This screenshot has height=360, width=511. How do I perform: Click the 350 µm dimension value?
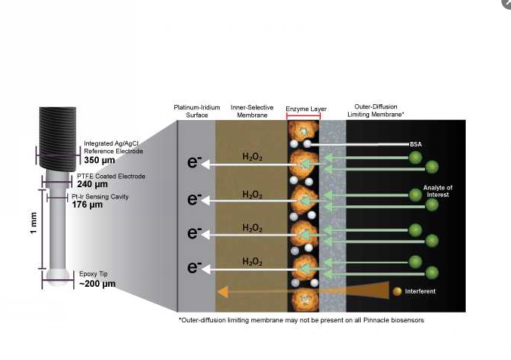(100, 160)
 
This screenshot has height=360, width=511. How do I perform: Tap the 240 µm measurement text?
(92, 184)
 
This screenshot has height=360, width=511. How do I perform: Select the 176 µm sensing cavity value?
(87, 205)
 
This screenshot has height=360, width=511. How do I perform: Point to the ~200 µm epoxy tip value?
(97, 284)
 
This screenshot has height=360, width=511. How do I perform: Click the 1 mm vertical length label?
(33, 223)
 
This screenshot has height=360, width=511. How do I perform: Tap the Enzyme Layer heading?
(306, 109)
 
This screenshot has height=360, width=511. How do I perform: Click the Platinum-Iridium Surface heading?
(197, 111)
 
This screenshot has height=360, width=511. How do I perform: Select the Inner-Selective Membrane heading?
(252, 111)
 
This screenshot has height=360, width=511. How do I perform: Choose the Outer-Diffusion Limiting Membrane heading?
(376, 110)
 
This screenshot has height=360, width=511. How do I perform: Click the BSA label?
(416, 144)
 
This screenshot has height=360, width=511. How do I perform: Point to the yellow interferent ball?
(397, 291)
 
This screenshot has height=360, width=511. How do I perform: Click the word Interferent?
(420, 291)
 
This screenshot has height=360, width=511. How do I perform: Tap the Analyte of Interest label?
(438, 191)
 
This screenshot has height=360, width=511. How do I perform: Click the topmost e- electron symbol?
(195, 162)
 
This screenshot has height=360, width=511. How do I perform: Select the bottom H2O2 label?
(252, 262)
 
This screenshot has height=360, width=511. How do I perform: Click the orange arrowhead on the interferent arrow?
(223, 292)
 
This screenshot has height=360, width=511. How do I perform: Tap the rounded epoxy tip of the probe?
(58, 277)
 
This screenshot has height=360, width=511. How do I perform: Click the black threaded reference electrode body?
(57, 138)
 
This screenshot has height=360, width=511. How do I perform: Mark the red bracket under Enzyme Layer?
(303, 115)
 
